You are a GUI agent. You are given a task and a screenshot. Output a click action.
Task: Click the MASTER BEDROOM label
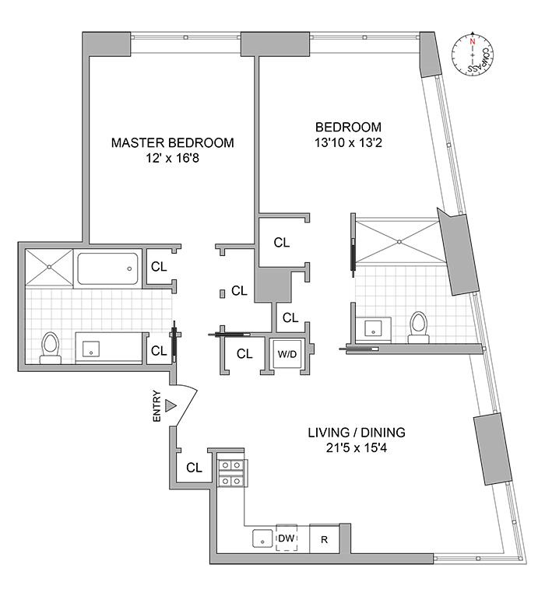172,143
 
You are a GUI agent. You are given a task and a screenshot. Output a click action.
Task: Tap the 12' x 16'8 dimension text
172,159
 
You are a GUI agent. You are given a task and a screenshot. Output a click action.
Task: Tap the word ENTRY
157,405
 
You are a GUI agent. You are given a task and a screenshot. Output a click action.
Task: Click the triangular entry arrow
172,405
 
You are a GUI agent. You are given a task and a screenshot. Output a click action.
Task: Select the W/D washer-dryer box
287,354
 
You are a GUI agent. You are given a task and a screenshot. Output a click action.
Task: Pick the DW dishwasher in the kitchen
286,538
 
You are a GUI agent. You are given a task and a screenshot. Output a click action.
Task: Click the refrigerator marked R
324,538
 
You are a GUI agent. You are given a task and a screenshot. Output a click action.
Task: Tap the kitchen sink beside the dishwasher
261,538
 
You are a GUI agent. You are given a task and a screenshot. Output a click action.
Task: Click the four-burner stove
230,472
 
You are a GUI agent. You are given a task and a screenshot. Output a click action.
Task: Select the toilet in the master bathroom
51,346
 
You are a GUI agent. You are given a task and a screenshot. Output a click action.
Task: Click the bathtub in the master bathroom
108,269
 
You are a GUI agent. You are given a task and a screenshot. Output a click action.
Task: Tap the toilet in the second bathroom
419,325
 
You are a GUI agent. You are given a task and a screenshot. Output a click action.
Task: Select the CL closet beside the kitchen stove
194,468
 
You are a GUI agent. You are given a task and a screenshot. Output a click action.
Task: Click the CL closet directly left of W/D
244,354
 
